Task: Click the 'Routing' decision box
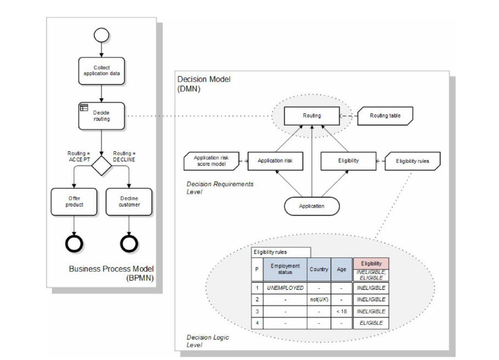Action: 312,116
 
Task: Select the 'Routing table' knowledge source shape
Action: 387,116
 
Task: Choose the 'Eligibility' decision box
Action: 348,161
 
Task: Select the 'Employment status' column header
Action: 285,269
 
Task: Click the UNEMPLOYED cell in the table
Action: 285,287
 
